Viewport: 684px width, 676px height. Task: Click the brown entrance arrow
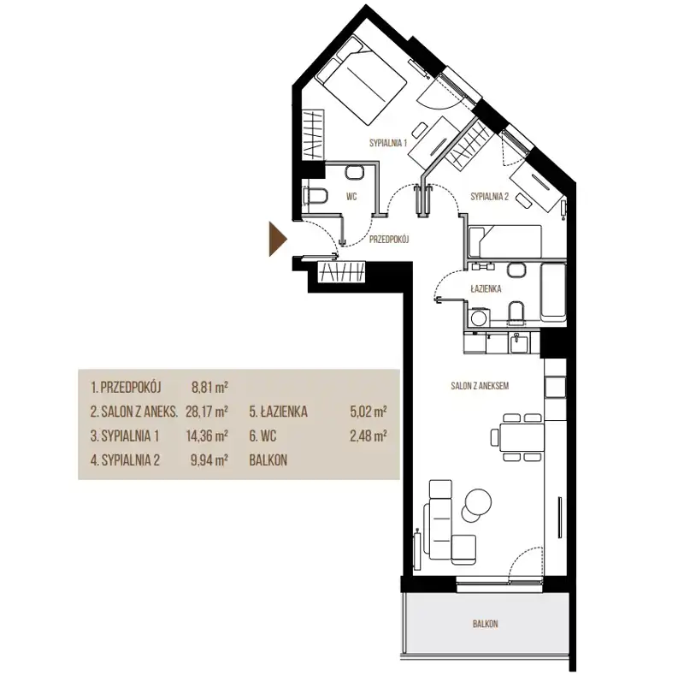(x=277, y=239)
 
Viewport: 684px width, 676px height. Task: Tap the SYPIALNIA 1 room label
(x=388, y=143)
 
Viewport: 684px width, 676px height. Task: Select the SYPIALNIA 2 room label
(x=489, y=197)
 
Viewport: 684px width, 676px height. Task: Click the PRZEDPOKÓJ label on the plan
(x=389, y=240)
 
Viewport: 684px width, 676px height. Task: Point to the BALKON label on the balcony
(x=485, y=624)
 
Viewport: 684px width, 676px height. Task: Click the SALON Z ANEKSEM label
(x=480, y=386)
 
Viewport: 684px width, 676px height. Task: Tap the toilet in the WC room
(x=316, y=196)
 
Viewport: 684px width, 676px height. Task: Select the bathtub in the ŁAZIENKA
(x=553, y=292)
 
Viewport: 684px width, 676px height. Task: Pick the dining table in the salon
(x=522, y=437)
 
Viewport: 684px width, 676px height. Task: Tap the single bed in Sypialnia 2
(x=504, y=241)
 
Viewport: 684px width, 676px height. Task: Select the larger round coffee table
(x=479, y=501)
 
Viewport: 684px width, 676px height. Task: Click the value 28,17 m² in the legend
(x=207, y=412)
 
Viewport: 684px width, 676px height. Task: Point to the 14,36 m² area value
(x=207, y=436)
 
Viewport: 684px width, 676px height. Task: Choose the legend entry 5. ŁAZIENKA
(x=279, y=412)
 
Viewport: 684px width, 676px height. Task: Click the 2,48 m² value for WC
(x=369, y=436)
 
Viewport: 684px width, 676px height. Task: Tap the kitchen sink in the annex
(x=518, y=343)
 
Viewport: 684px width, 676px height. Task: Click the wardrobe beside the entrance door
(x=342, y=272)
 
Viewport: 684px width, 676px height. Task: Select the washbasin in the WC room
(x=354, y=172)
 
